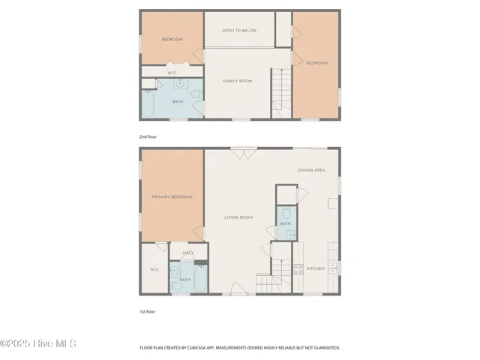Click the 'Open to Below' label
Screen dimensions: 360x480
(x=239, y=31)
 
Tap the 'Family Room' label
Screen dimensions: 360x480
(x=238, y=80)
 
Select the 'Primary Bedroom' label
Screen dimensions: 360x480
(x=172, y=197)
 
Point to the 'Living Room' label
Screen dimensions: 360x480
(x=238, y=217)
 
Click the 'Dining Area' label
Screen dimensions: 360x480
(x=311, y=171)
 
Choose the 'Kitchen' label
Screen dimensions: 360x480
(x=315, y=268)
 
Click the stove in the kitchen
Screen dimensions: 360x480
(x=298, y=268)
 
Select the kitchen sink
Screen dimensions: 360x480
(x=334, y=267)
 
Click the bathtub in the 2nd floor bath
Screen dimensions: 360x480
(x=148, y=105)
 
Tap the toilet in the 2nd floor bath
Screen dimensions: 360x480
(x=196, y=94)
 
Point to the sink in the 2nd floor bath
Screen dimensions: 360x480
(x=178, y=84)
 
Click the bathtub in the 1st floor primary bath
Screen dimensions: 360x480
(x=201, y=279)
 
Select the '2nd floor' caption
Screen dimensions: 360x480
(x=148, y=137)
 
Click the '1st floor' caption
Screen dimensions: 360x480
(x=147, y=311)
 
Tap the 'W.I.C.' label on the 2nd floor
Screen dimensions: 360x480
(x=172, y=73)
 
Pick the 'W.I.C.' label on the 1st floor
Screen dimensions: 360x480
(x=154, y=269)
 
